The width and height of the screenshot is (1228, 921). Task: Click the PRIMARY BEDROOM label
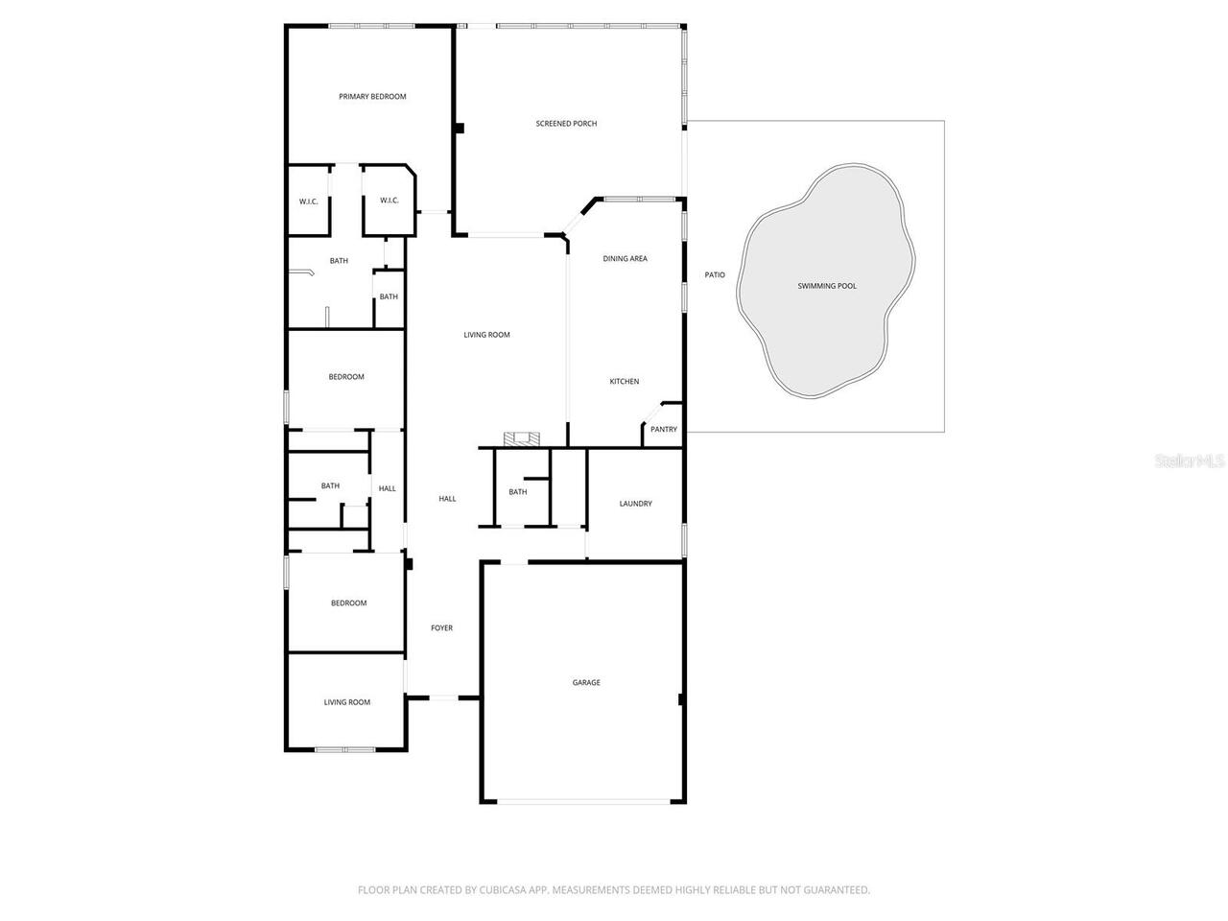click(372, 97)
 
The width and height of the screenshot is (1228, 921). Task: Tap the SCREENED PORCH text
click(566, 124)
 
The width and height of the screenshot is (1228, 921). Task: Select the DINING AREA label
click(625, 259)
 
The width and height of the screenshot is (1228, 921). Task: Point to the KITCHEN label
click(625, 382)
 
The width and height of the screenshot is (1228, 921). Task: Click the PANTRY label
click(664, 430)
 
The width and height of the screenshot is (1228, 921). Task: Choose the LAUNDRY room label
click(635, 504)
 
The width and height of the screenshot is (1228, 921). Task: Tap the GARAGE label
click(586, 683)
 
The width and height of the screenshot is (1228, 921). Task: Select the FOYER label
click(441, 628)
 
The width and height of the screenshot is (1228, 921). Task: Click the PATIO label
click(715, 275)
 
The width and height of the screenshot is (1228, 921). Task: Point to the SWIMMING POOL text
click(827, 286)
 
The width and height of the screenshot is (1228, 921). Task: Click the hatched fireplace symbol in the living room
click(522, 439)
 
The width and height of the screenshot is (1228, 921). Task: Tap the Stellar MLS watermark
click(1190, 461)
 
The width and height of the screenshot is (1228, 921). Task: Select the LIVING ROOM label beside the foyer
click(346, 702)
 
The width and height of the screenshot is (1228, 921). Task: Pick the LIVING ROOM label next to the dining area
click(486, 335)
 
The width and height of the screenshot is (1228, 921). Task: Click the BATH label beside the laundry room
click(518, 492)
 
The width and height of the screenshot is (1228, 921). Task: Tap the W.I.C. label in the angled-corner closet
click(389, 201)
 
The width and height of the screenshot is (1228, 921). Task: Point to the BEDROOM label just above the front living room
click(348, 603)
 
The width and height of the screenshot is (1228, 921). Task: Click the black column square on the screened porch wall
click(460, 128)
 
